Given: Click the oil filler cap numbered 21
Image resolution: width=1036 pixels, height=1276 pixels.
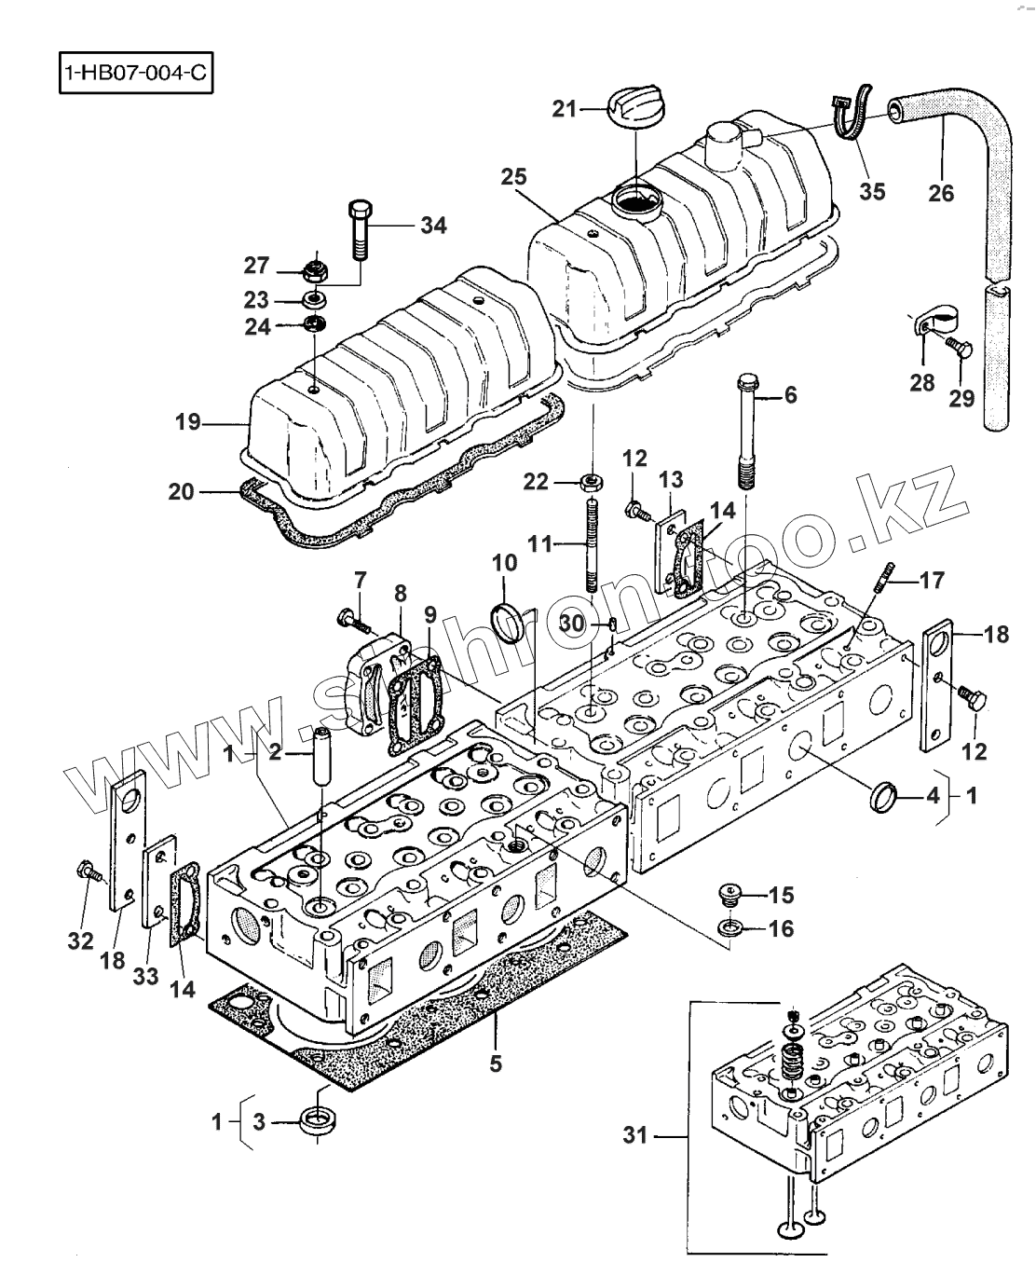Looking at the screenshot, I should [x=634, y=107].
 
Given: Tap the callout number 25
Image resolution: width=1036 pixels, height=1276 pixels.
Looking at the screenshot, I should [x=513, y=176].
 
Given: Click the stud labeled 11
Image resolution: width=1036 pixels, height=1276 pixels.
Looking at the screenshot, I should [x=592, y=545].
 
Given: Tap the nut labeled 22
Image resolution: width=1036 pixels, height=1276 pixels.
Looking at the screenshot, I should [x=590, y=483].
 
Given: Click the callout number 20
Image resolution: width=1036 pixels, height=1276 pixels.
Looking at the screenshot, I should [x=182, y=491].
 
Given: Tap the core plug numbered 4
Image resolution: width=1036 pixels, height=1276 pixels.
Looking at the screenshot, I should [x=883, y=798].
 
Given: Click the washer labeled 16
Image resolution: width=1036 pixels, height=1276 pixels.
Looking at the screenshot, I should [x=729, y=927].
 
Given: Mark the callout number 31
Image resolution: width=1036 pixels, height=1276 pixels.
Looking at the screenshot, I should [x=634, y=1135].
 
